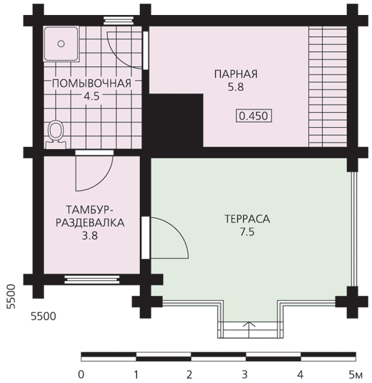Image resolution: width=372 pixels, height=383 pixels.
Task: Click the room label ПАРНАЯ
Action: [236, 74]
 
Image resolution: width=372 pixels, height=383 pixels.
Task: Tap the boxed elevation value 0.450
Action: [253, 116]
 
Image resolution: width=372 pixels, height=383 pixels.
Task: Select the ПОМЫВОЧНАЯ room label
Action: [92, 83]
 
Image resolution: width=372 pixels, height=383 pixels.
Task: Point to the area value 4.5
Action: [92, 96]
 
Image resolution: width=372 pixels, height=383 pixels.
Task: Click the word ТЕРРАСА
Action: [247, 219]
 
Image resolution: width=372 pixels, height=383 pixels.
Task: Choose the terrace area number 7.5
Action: [247, 232]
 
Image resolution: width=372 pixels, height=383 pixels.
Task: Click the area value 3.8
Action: [90, 236]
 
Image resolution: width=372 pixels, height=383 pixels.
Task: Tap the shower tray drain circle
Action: [61, 44]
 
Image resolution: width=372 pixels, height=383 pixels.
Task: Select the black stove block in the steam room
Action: [176, 120]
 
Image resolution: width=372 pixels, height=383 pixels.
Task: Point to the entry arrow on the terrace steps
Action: [249, 329]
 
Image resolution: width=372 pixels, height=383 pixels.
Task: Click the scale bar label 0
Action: [81, 375]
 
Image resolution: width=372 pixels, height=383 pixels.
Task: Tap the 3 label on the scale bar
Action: [245, 375]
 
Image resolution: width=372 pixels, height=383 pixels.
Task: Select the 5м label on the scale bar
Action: [356, 375]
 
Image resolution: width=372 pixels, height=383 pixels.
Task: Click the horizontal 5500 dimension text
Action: [44, 316]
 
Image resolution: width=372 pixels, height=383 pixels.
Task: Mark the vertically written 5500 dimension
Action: [11, 297]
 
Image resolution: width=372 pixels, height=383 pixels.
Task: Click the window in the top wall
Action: [119, 21]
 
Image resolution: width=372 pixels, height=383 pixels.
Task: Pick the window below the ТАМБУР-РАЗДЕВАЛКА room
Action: [92, 280]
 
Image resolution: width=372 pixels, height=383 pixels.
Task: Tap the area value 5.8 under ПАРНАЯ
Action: [236, 88]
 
